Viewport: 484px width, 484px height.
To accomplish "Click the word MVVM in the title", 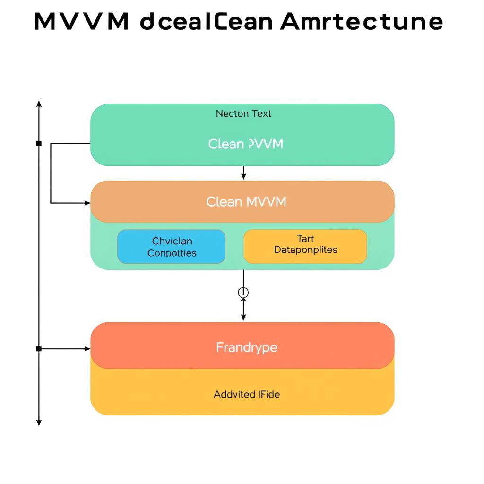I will (x=82, y=22).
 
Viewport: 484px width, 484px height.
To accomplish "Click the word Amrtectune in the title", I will (x=362, y=22).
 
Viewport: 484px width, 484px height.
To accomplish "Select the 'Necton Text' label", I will (x=243, y=113).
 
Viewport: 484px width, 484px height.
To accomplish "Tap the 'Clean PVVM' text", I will (x=245, y=144).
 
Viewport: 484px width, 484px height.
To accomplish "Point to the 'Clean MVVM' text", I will (x=246, y=202).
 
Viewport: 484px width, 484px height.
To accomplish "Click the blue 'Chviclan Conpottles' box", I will (x=171, y=247).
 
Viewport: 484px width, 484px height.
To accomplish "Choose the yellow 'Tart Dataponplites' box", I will (x=305, y=246).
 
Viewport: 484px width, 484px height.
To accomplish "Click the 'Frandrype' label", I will (x=247, y=347).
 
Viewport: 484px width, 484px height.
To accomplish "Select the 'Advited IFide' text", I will (x=247, y=394).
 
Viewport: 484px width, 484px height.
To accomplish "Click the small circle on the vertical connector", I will (x=243, y=293).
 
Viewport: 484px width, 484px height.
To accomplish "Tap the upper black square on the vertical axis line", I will (x=39, y=143).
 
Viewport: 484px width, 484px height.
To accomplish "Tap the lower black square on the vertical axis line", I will (x=39, y=349).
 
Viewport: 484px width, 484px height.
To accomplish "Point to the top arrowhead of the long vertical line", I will (x=39, y=103).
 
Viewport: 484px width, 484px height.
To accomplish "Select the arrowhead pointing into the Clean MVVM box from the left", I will (x=87, y=203).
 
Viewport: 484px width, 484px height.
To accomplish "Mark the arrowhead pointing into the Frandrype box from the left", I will (x=87, y=349).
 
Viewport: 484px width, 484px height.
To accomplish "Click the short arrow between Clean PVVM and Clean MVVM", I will (x=243, y=173).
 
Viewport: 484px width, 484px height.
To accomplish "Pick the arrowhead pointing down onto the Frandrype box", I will (x=243, y=318).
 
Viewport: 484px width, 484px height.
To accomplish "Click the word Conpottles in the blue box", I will (x=172, y=253).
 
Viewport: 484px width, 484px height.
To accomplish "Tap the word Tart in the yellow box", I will (x=305, y=239).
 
